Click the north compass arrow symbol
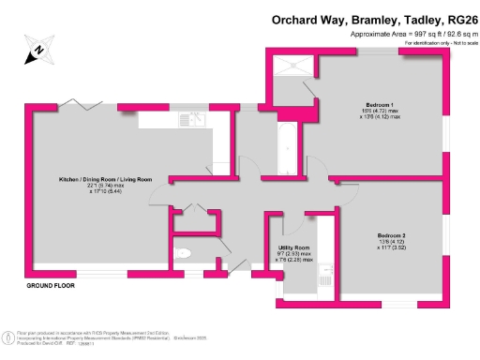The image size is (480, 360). click(x=36, y=50)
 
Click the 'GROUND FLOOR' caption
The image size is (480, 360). click(x=49, y=284)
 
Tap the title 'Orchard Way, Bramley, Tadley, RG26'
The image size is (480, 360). click(x=374, y=18)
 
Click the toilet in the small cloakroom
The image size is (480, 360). click(x=184, y=252)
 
